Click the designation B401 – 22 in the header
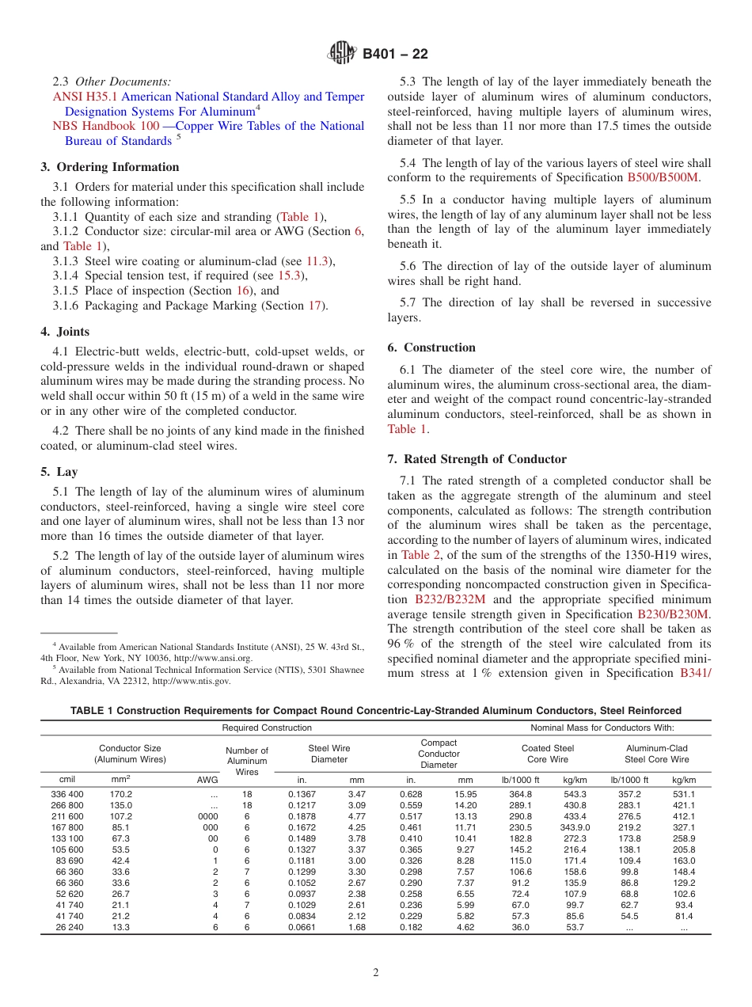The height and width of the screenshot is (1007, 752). (x=395, y=54)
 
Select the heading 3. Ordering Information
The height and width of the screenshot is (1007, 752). (x=110, y=167)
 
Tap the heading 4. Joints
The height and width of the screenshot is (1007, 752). (x=65, y=332)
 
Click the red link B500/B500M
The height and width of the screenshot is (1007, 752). (x=663, y=177)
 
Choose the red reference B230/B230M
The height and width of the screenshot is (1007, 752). (x=673, y=614)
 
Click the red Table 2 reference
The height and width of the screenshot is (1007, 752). (x=420, y=555)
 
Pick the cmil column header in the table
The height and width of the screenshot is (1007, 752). (x=67, y=780)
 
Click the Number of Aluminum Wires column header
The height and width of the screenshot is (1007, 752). (x=247, y=761)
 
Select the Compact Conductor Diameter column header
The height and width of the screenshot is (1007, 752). (x=439, y=754)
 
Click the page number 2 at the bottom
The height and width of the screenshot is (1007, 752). (x=376, y=973)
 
